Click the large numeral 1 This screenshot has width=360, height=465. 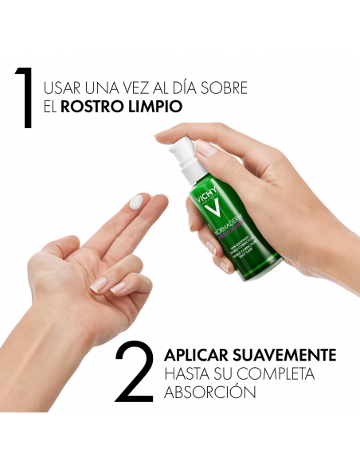click(26, 98)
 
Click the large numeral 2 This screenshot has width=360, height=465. click(133, 372)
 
